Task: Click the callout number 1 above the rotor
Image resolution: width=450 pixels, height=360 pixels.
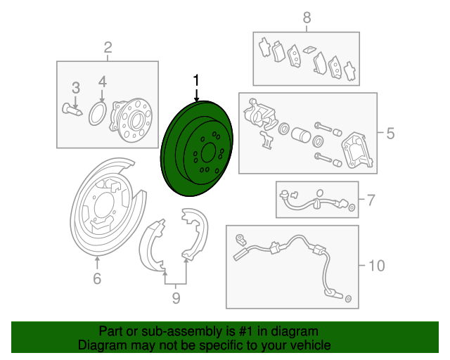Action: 196,80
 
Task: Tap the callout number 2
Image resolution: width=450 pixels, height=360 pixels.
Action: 108,47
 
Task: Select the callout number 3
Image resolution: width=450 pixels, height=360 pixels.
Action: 75,88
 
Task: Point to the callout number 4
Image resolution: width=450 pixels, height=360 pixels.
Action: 103,82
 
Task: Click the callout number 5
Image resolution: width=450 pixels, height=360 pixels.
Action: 390,134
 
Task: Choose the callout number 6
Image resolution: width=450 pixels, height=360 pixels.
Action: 97,278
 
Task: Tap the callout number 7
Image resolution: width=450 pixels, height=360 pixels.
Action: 371,200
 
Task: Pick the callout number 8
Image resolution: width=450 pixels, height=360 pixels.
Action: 307,18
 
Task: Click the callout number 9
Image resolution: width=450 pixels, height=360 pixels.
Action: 176,298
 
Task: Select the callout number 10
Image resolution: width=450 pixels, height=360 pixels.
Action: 376,266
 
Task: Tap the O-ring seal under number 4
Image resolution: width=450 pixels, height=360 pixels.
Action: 98,114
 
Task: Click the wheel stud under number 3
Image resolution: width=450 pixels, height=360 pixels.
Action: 72,110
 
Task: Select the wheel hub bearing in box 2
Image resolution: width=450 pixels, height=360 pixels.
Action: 131,120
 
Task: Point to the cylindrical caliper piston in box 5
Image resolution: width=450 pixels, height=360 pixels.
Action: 301,134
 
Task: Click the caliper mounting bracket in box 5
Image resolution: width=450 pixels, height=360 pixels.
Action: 357,150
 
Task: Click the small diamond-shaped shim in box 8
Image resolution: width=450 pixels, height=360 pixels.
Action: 309,49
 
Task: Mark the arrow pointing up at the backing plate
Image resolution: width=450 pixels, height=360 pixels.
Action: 97,263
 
